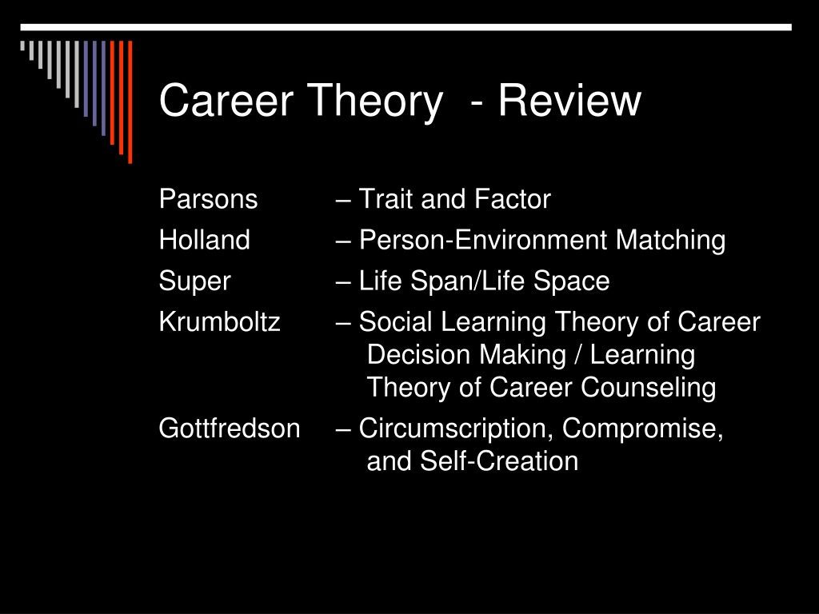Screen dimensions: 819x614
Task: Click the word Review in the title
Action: [x=569, y=100]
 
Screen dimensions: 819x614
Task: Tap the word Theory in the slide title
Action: [x=374, y=103]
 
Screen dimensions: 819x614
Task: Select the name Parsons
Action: [x=209, y=199]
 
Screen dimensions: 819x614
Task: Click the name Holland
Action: [x=204, y=240]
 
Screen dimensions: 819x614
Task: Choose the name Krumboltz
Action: [x=219, y=321]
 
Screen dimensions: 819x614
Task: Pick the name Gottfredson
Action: [x=230, y=429]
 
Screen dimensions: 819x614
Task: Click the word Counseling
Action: [x=648, y=389]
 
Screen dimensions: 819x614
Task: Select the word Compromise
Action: [x=642, y=429]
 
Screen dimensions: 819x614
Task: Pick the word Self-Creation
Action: [x=499, y=461]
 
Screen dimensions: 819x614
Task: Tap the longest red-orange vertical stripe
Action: [x=130, y=102]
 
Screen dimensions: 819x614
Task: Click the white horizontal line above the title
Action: [x=406, y=27]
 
